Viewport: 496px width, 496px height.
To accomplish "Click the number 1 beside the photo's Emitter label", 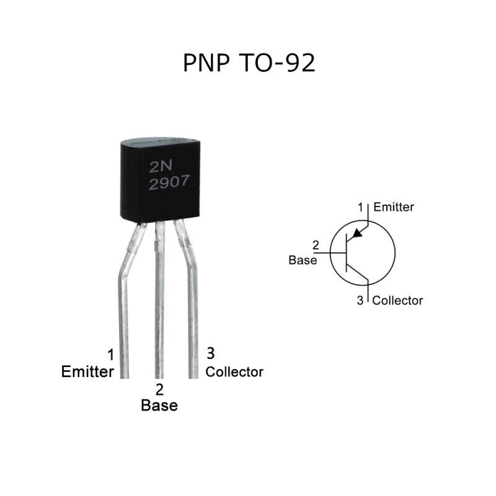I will tap(111, 355).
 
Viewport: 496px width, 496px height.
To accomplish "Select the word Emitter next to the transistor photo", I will tap(87, 372).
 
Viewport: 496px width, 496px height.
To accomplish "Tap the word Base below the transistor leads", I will tap(159, 405).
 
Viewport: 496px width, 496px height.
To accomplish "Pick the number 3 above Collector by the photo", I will tap(211, 353).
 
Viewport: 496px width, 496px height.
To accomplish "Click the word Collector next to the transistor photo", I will tap(234, 372).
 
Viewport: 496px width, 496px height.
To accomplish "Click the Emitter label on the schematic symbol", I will tap(394, 207).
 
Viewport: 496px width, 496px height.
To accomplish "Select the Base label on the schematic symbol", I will tap(303, 260).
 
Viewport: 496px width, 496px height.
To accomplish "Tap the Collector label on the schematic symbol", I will tap(397, 301).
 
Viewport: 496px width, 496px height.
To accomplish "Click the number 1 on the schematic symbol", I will tap(361, 206).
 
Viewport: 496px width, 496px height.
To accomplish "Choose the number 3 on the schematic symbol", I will tap(361, 301).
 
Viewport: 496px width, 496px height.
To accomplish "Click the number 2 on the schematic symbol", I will tap(316, 246).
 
